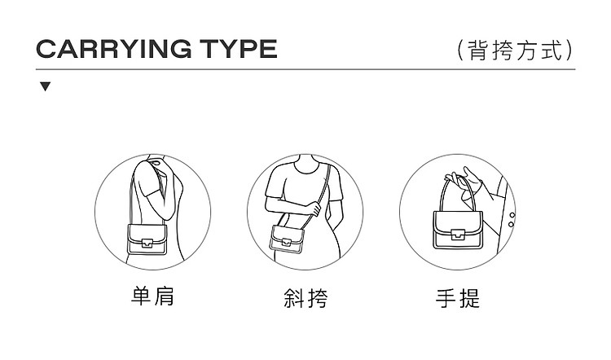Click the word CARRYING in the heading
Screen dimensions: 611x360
[114, 49]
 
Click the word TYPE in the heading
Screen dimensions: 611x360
[239, 49]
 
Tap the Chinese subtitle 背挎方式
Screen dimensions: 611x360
[516, 50]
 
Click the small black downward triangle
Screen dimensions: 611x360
[45, 86]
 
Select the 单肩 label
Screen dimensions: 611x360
[153, 296]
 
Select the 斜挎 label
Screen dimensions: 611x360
[305, 297]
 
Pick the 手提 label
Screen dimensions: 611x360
[458, 298]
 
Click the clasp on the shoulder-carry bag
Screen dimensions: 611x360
[147, 243]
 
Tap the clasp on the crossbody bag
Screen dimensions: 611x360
[287, 242]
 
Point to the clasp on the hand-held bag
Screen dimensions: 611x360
[458, 235]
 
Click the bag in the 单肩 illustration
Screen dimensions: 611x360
[147, 239]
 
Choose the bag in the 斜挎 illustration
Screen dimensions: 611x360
[288, 239]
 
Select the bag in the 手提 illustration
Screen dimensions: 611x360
[458, 230]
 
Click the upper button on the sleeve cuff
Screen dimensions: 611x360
[512, 215]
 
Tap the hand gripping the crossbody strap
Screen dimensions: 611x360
[314, 208]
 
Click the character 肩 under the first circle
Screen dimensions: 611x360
[164, 296]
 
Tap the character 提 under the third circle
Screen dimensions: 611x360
[469, 298]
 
